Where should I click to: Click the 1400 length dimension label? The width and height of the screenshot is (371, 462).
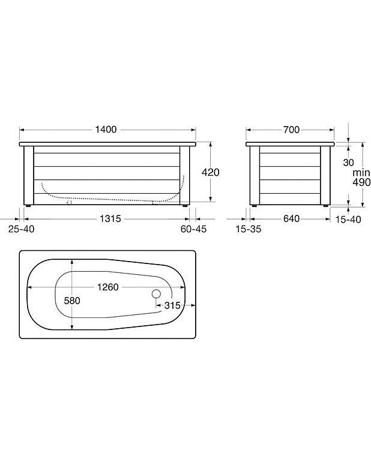tap(106, 130)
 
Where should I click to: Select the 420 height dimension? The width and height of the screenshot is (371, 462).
tap(211, 172)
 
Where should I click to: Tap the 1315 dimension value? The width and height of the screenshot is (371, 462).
tap(110, 218)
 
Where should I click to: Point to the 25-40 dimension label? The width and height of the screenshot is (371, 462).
tap(21, 229)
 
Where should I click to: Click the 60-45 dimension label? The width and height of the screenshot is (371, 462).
tap(193, 229)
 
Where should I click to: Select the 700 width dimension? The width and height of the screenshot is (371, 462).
tap(291, 130)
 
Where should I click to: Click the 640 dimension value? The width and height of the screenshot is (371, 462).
tap(291, 218)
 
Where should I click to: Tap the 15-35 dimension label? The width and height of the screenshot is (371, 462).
tap(249, 229)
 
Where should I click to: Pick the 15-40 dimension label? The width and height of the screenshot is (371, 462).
tap(348, 220)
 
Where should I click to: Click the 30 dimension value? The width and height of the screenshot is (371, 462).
tap(348, 163)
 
